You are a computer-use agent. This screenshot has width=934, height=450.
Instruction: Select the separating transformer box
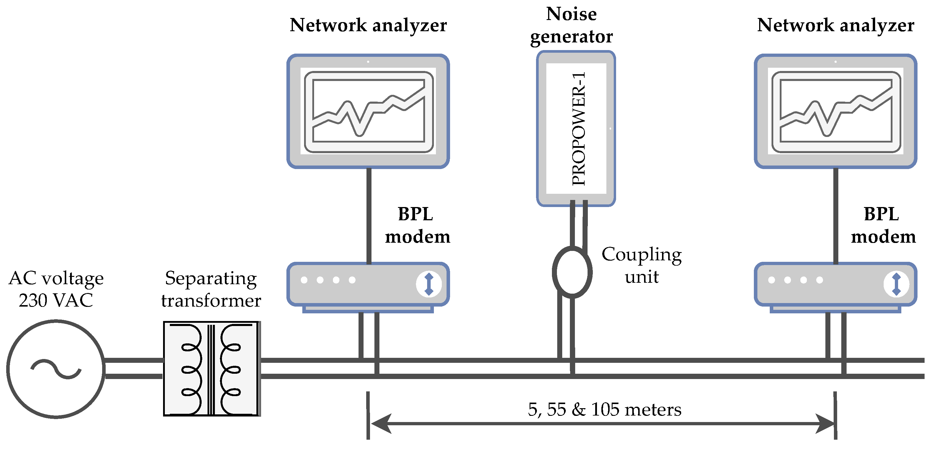click(x=211, y=368)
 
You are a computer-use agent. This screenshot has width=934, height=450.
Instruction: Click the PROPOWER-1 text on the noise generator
click(x=578, y=128)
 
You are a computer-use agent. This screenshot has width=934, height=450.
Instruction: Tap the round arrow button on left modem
click(x=429, y=284)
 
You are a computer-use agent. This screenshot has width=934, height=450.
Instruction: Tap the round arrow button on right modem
click(x=896, y=284)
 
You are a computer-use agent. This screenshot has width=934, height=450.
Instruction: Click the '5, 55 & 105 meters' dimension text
click(x=604, y=409)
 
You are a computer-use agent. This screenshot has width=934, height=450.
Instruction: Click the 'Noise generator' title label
click(x=571, y=25)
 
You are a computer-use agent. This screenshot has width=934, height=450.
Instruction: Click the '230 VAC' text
click(x=56, y=300)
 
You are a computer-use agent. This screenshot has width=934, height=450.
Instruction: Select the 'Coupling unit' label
click(x=641, y=265)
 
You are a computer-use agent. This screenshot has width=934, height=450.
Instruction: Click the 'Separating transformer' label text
click(x=211, y=289)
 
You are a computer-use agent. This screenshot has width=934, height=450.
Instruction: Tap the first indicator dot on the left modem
click(x=304, y=280)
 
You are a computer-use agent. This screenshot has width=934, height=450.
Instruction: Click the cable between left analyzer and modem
click(x=369, y=216)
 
